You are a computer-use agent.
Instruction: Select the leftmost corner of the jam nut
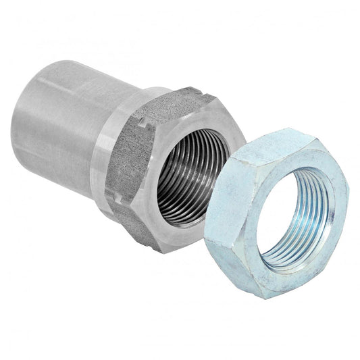click(206, 233)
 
